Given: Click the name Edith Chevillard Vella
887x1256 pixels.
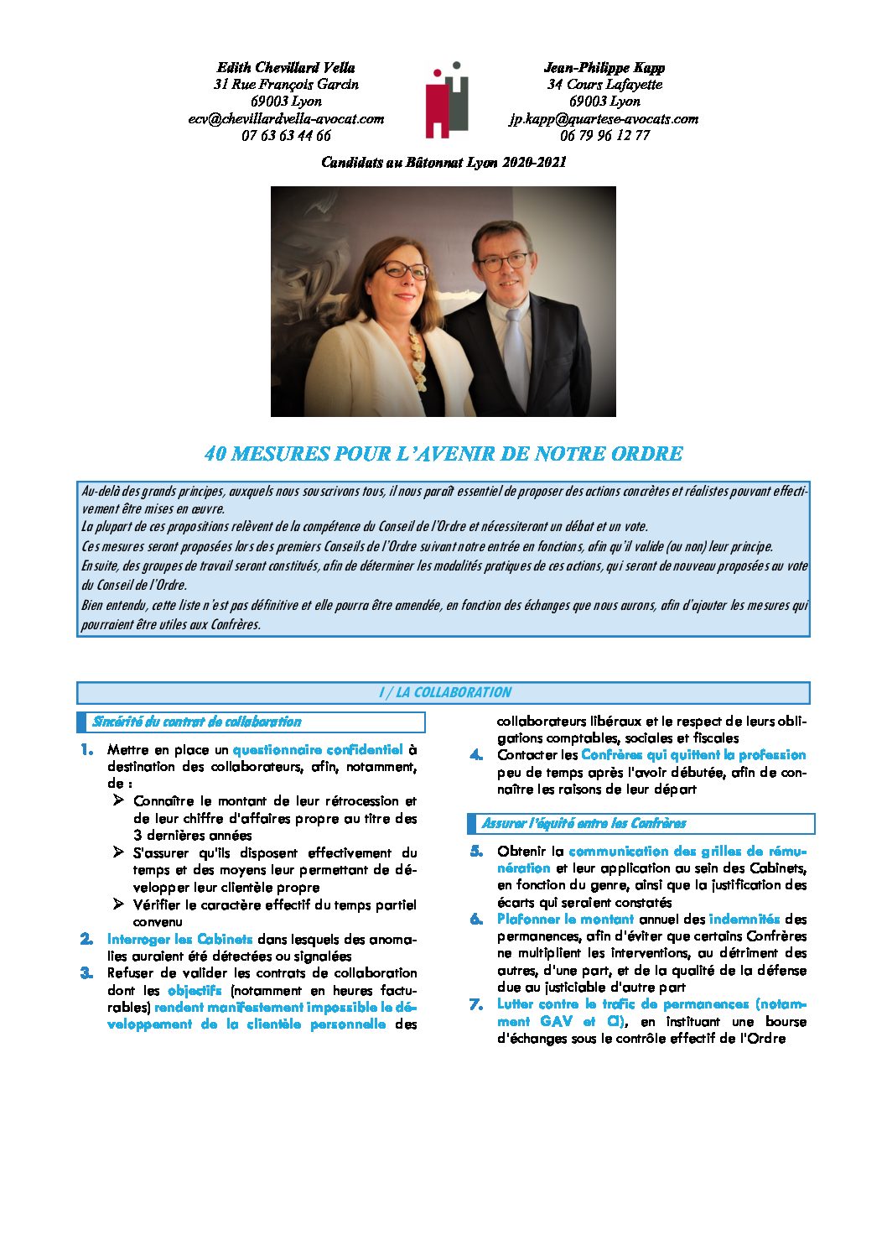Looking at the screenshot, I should pyautogui.click(x=286, y=68).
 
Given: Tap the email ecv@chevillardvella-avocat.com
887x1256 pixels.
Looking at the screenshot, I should pyautogui.click(x=286, y=119).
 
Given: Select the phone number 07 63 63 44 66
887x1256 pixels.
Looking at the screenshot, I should pyautogui.click(x=286, y=136).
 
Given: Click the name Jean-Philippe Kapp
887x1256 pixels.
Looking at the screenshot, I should pyautogui.click(x=604, y=68).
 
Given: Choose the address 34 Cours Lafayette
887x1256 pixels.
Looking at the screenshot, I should pyautogui.click(x=604, y=85).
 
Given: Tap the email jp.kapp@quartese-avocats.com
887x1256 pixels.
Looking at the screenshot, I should pyautogui.click(x=604, y=119).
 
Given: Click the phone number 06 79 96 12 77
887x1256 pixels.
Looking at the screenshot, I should pyautogui.click(x=604, y=136).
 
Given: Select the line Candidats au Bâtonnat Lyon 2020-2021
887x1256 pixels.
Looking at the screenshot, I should pyautogui.click(x=443, y=163).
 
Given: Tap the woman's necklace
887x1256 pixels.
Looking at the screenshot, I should pyautogui.click(x=416, y=357).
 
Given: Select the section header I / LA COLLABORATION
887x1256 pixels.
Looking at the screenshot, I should pyautogui.click(x=443, y=693).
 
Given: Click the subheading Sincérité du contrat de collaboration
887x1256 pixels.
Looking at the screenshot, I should pyautogui.click(x=197, y=722).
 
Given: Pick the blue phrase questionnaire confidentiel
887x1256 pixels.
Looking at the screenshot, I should pyautogui.click(x=318, y=750).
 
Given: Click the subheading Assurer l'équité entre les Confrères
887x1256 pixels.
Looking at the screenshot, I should pyautogui.click(x=584, y=823).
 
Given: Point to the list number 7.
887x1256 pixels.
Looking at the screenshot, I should pyautogui.click(x=476, y=1004).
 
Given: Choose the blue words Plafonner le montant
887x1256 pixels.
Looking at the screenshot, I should pyautogui.click(x=565, y=920).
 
